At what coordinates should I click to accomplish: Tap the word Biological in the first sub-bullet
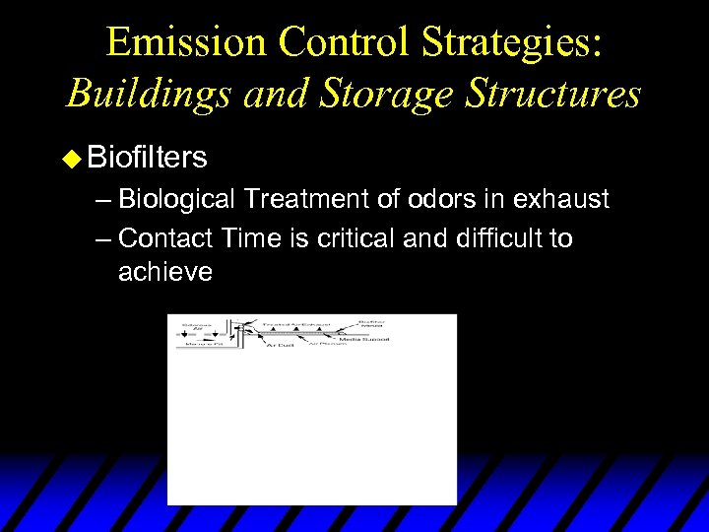point(176,199)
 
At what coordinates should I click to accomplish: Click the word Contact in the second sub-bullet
point(166,238)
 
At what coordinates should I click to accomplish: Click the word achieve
point(165,272)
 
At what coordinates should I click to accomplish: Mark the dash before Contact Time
point(104,238)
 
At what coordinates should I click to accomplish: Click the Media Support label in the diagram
point(366,339)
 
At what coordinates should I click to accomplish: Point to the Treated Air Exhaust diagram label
point(295,322)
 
